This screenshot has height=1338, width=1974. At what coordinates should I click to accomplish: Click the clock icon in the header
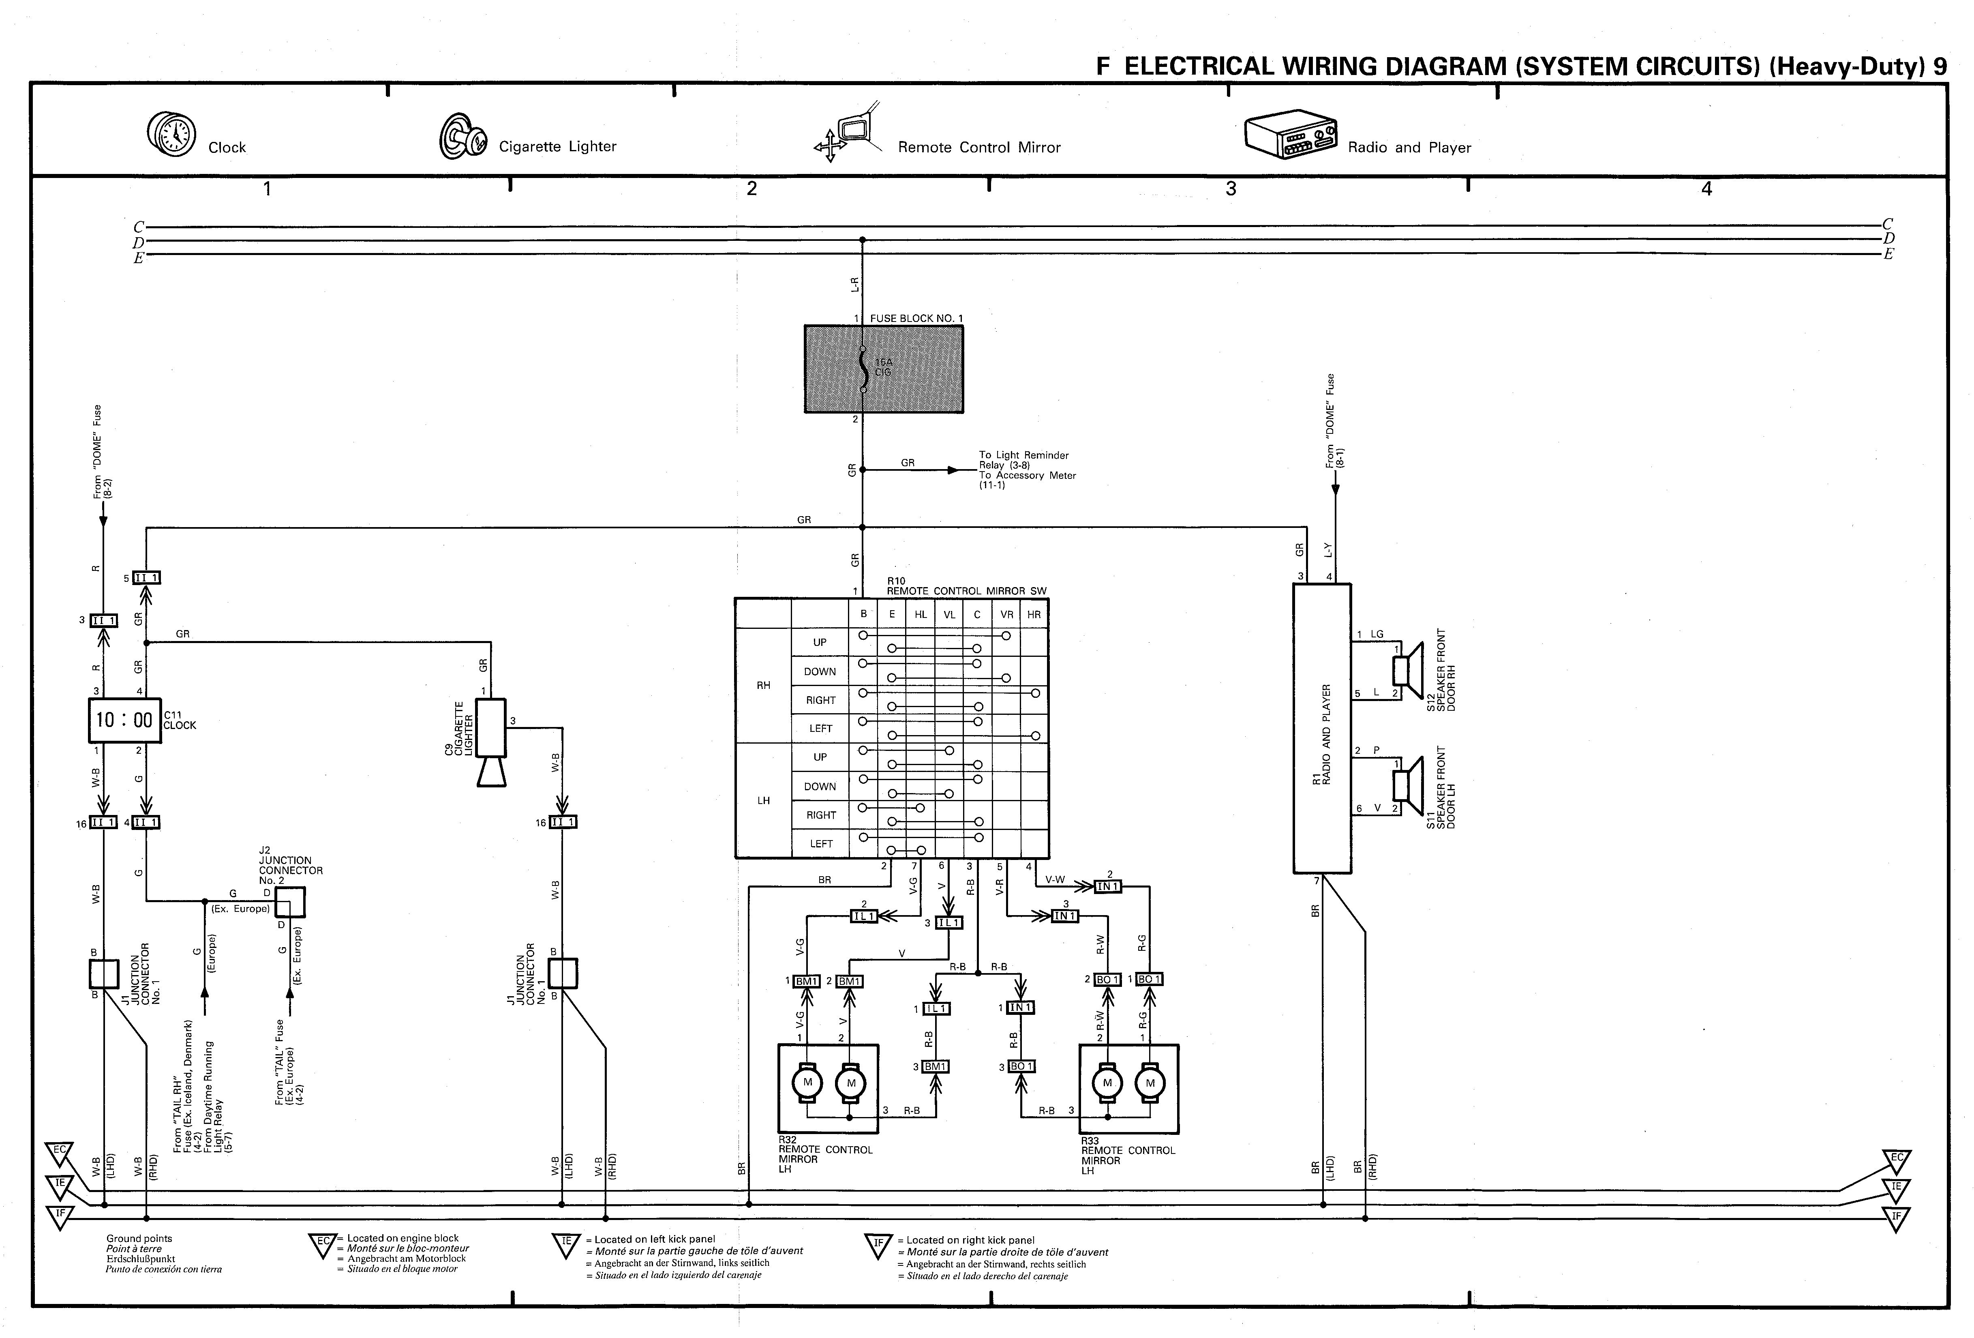171,134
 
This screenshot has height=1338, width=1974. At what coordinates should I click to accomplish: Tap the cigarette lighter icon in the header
463,136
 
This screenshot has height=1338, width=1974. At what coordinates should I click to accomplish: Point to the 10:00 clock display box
124,720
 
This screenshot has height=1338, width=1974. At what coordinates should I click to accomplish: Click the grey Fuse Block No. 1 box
883,369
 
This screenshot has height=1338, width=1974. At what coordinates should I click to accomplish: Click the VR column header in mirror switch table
1006,614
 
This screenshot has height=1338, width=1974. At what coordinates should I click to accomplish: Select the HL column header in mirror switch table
921,614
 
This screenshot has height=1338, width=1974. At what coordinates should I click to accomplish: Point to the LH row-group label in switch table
764,800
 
